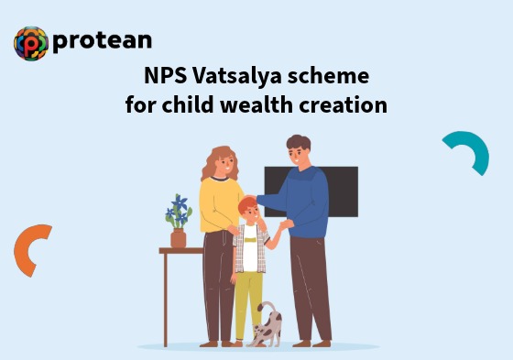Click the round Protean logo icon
pyautogui.click(x=30, y=43)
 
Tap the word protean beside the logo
pyautogui.click(x=102, y=41)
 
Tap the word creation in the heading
pyautogui.click(x=343, y=104)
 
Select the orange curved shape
pyautogui.click(x=30, y=249)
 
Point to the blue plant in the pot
pyautogui.click(x=178, y=213)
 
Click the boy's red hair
pyautogui.click(x=248, y=206)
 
